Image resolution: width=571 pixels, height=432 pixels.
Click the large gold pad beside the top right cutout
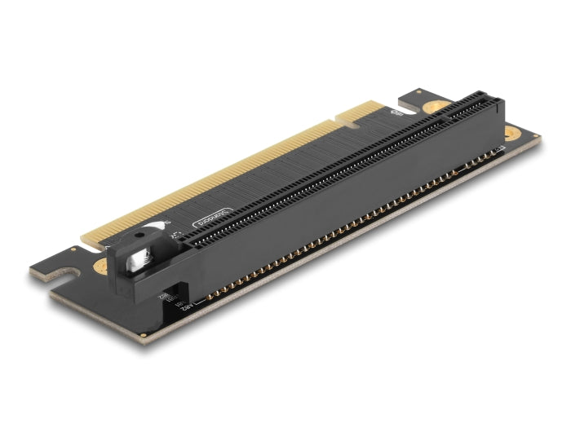439,106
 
